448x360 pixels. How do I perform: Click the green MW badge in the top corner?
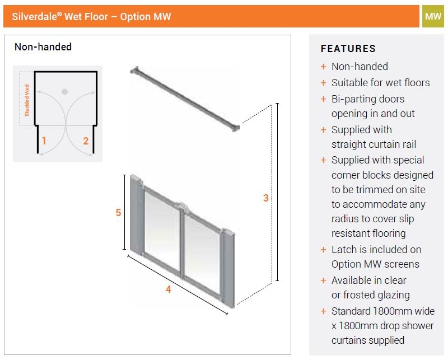(433, 16)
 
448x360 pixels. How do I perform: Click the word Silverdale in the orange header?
(35, 17)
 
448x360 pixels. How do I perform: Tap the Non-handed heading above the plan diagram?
(43, 47)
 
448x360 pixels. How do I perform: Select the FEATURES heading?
(348, 49)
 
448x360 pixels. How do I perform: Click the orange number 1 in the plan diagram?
(44, 141)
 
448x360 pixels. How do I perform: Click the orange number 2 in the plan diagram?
(86, 141)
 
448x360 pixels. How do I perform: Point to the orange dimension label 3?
(265, 198)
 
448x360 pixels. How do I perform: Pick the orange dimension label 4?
(169, 289)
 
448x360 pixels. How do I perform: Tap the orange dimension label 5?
(118, 213)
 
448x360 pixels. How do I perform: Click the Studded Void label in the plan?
(27, 100)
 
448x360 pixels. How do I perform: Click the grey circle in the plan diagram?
(65, 92)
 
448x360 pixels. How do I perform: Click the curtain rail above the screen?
(185, 99)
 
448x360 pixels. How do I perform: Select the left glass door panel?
(162, 228)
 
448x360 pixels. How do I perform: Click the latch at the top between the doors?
(181, 207)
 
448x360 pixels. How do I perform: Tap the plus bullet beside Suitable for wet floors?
(324, 83)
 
